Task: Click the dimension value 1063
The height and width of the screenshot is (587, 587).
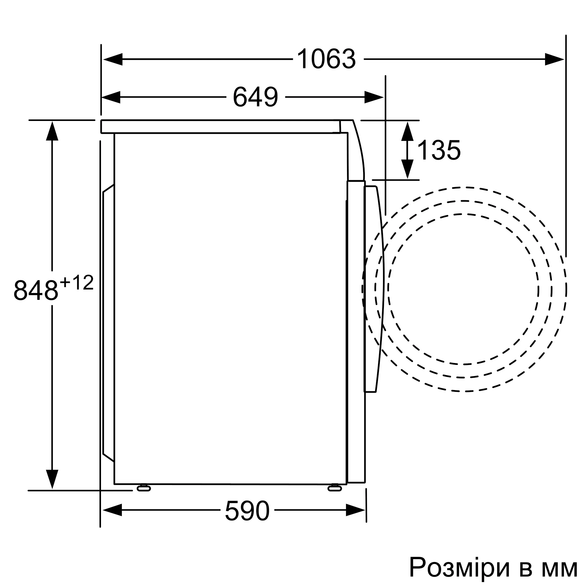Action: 326,59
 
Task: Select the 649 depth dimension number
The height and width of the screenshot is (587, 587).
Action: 256,97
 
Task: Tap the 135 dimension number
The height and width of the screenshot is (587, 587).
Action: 439,150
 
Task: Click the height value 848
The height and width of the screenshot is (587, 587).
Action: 36,290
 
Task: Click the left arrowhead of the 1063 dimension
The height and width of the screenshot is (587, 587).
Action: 113,59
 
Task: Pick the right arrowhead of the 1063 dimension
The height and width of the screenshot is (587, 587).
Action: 554,59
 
